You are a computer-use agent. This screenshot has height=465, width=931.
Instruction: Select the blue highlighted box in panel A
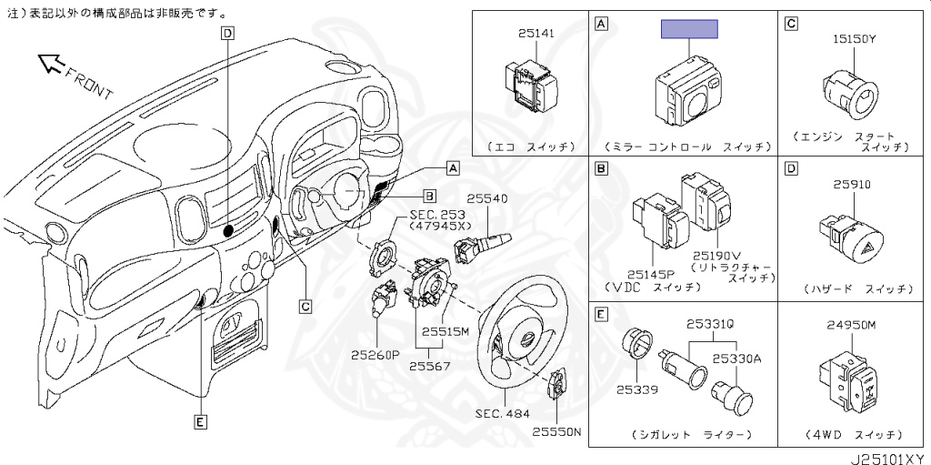(689, 29)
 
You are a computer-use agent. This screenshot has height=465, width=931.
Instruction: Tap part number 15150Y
(854, 40)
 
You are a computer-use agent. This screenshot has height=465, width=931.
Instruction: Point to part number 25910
(852, 184)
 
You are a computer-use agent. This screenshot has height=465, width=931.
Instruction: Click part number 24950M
(851, 325)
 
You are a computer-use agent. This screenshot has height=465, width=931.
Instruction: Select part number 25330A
(736, 359)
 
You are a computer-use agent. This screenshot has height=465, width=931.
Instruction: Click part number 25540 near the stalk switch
(487, 198)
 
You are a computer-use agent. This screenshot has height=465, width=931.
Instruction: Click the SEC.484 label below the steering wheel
(501, 412)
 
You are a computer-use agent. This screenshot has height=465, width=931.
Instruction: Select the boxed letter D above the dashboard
(227, 34)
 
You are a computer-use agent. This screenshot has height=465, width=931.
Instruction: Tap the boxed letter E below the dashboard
(200, 420)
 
